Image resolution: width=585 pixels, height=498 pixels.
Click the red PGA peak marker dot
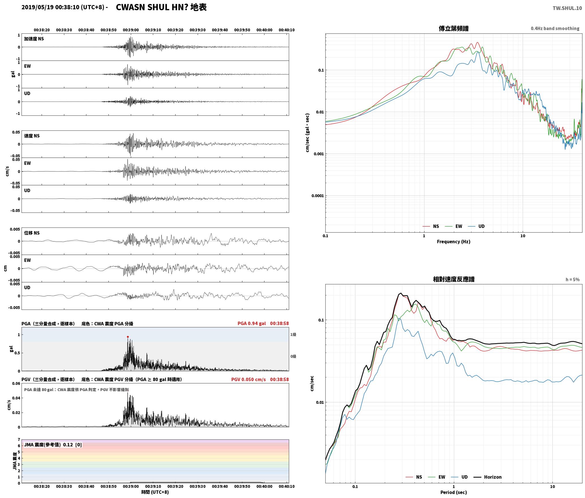128,337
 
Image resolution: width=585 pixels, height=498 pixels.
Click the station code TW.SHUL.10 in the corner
567,8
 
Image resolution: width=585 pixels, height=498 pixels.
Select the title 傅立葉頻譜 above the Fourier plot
453,28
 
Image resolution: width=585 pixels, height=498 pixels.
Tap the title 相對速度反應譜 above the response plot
454,279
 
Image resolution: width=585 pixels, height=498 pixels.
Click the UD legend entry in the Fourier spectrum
476,226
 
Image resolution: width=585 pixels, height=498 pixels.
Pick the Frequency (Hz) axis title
453,242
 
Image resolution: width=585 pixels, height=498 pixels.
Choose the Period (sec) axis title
453,492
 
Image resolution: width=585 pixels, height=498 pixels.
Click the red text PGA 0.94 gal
252,323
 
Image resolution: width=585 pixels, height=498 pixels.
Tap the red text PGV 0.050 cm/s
249,379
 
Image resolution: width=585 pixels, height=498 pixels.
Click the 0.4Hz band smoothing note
555,29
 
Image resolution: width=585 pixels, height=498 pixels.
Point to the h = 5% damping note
573,280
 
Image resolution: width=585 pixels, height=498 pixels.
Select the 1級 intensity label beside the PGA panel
293,335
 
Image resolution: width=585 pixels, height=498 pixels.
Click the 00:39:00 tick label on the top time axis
131,30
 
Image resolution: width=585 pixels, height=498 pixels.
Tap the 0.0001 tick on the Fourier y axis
317,196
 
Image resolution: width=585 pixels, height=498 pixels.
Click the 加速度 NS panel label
34,39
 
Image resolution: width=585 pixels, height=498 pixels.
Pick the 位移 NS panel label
32,233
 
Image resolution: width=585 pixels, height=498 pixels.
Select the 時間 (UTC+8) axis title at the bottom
155,492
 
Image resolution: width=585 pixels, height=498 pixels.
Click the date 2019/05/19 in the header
38,7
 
